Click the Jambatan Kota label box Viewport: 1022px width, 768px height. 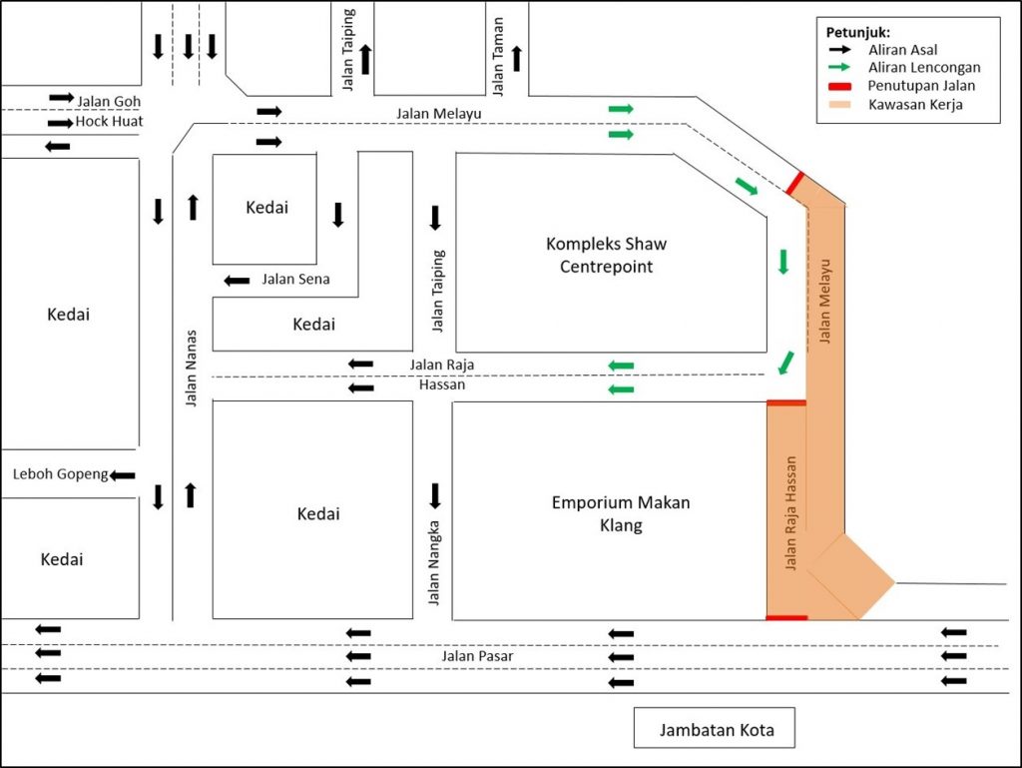click(715, 728)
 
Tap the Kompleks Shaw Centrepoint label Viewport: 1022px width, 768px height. click(606, 255)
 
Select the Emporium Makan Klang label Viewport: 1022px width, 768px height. click(621, 513)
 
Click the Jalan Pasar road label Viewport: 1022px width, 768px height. click(477, 656)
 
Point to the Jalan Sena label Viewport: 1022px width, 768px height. click(295, 279)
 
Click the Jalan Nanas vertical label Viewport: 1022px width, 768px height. click(191, 369)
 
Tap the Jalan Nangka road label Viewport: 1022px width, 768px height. click(434, 562)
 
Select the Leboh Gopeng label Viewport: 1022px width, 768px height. click(61, 474)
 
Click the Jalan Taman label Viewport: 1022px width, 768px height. click(498, 57)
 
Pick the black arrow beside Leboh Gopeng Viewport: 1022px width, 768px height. click(122, 475)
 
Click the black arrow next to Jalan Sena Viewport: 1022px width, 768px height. click(237, 281)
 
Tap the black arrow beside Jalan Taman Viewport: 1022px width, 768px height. click(517, 59)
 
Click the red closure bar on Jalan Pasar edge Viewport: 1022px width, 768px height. click(786, 617)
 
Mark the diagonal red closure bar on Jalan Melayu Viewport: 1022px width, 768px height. click(794, 183)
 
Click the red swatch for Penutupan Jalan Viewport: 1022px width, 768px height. click(839, 86)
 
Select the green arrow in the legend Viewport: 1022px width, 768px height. click(839, 67)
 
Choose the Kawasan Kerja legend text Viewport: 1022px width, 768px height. click(915, 104)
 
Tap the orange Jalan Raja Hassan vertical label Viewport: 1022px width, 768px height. click(790, 513)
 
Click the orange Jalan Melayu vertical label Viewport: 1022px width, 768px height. click(825, 302)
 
